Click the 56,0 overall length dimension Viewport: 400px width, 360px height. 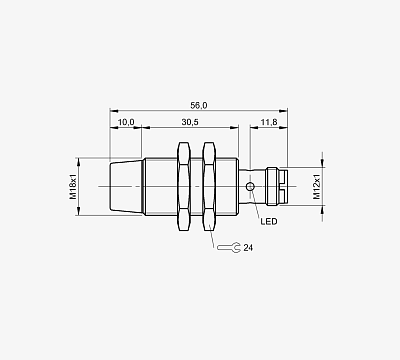click(x=199, y=106)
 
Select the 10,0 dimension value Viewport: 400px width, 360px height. click(x=126, y=122)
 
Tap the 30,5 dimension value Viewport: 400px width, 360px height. click(x=190, y=122)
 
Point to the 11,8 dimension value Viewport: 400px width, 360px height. click(x=269, y=122)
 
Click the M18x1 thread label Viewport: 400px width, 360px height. click(x=73, y=187)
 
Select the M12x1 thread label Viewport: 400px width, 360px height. click(x=316, y=187)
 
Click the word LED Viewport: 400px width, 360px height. click(x=269, y=221)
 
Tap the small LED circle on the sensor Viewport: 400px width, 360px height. click(x=250, y=187)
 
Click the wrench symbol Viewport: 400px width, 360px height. click(x=229, y=247)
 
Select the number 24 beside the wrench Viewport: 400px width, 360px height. click(x=248, y=248)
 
